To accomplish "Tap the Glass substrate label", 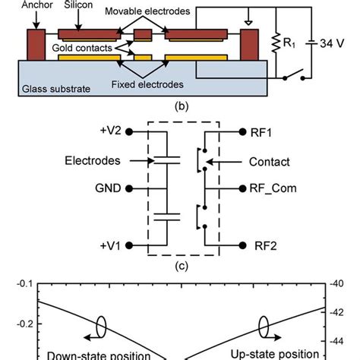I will coord(55,89).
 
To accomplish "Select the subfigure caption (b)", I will coord(179,106).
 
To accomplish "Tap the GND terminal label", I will coord(107,188).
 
